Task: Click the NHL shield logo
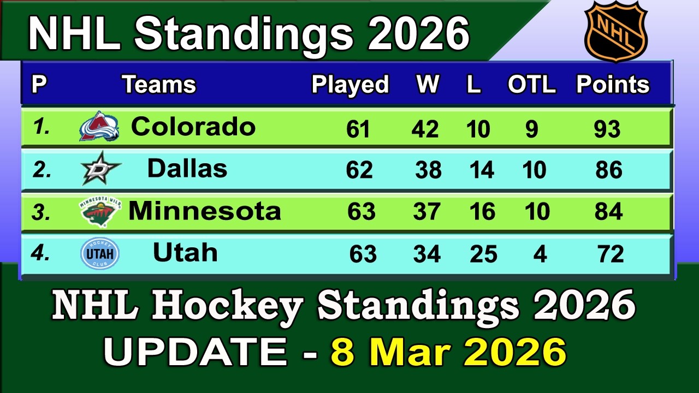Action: (615, 31)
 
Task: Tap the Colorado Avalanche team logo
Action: (99, 127)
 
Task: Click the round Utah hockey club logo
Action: (99, 254)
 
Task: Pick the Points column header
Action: (613, 85)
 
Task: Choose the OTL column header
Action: (531, 85)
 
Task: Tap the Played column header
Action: (350, 85)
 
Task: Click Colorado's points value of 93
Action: (607, 129)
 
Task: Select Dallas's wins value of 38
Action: (428, 171)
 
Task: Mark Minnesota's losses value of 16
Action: (482, 212)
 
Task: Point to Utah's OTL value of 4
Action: (540, 254)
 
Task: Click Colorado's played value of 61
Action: (358, 129)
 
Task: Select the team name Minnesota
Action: (205, 211)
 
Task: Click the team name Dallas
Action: (187, 169)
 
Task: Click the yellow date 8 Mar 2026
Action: (448, 352)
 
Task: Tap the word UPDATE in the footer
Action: (194, 352)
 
